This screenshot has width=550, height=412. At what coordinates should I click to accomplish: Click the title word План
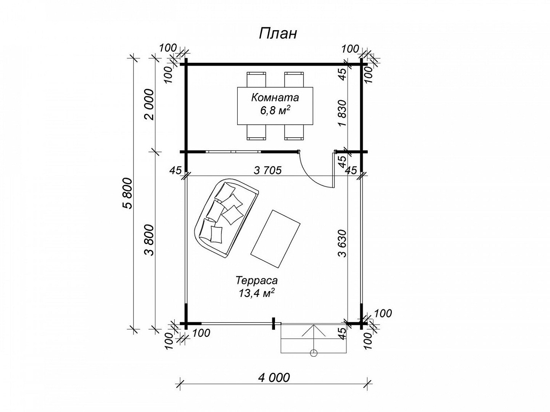point(278,33)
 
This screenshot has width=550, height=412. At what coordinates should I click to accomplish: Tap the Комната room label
point(275,98)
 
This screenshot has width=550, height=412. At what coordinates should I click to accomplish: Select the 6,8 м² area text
point(275,110)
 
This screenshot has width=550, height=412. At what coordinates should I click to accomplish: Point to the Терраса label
point(256,280)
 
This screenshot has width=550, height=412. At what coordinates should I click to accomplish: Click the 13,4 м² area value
point(255,293)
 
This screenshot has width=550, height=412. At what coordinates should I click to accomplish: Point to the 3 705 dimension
point(267,170)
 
